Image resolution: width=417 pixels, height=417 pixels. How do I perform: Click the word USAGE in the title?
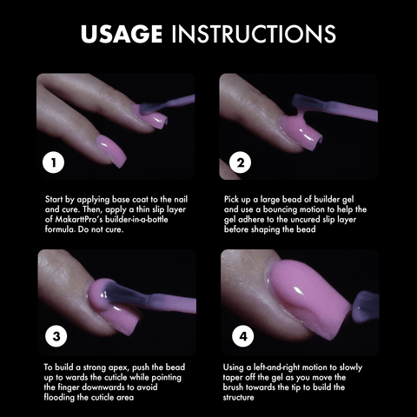122,34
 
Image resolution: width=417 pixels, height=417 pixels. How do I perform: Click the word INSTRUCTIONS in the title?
254,34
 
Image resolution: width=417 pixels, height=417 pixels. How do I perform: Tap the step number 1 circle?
53,162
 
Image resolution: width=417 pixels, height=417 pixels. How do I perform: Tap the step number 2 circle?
241,162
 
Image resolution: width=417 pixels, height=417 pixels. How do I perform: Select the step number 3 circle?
56,336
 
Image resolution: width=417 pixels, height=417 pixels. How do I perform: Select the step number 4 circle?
243,336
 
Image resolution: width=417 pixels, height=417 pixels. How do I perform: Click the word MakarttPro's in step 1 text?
78,219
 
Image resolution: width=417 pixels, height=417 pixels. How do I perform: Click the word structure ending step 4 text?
238,397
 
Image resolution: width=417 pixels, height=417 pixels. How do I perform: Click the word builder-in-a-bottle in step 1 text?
136,219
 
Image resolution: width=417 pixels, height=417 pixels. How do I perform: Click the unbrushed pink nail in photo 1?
111,150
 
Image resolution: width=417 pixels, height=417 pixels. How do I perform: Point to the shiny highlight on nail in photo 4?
297,290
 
